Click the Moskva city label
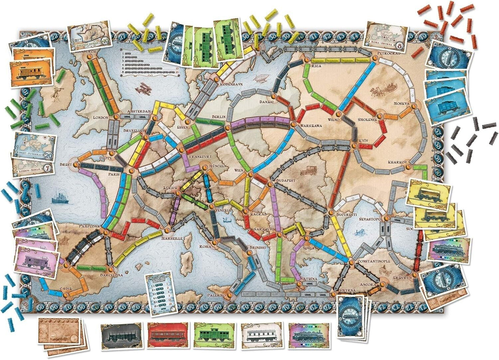point(402,104)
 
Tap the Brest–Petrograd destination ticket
point(35,147)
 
